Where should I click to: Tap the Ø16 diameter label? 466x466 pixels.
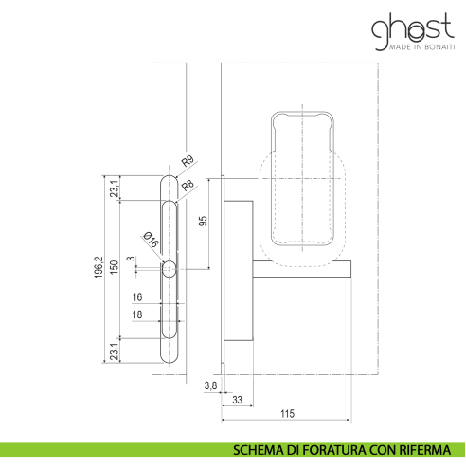tap(151, 240)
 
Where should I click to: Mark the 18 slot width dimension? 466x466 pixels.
tap(137, 314)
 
